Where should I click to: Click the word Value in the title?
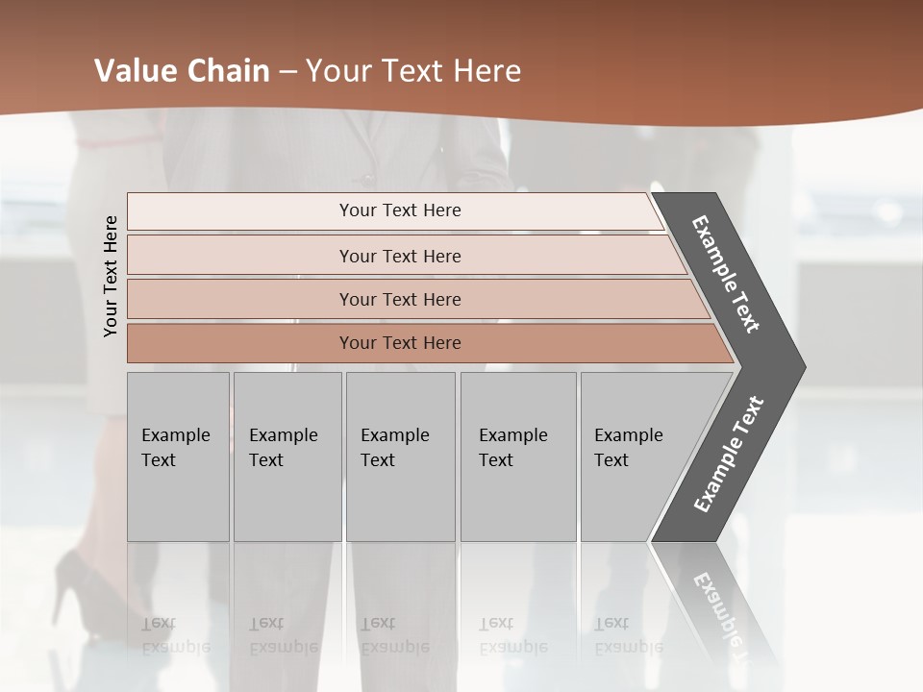coord(134,71)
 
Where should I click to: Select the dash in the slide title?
coord(287,72)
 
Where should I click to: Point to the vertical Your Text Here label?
coord(111,276)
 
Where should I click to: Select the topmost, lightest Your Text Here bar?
coord(399,211)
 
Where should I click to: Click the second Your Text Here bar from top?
coord(399,256)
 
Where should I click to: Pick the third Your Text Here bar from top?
coord(399,299)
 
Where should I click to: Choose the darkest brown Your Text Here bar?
coord(399,343)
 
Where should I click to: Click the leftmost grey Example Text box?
coord(178,457)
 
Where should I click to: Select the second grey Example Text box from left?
coord(287,457)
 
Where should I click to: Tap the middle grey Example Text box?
coord(400,457)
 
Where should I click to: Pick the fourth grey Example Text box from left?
coord(517,457)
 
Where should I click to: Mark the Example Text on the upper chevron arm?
coord(727,274)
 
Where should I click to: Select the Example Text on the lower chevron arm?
coord(728,455)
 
